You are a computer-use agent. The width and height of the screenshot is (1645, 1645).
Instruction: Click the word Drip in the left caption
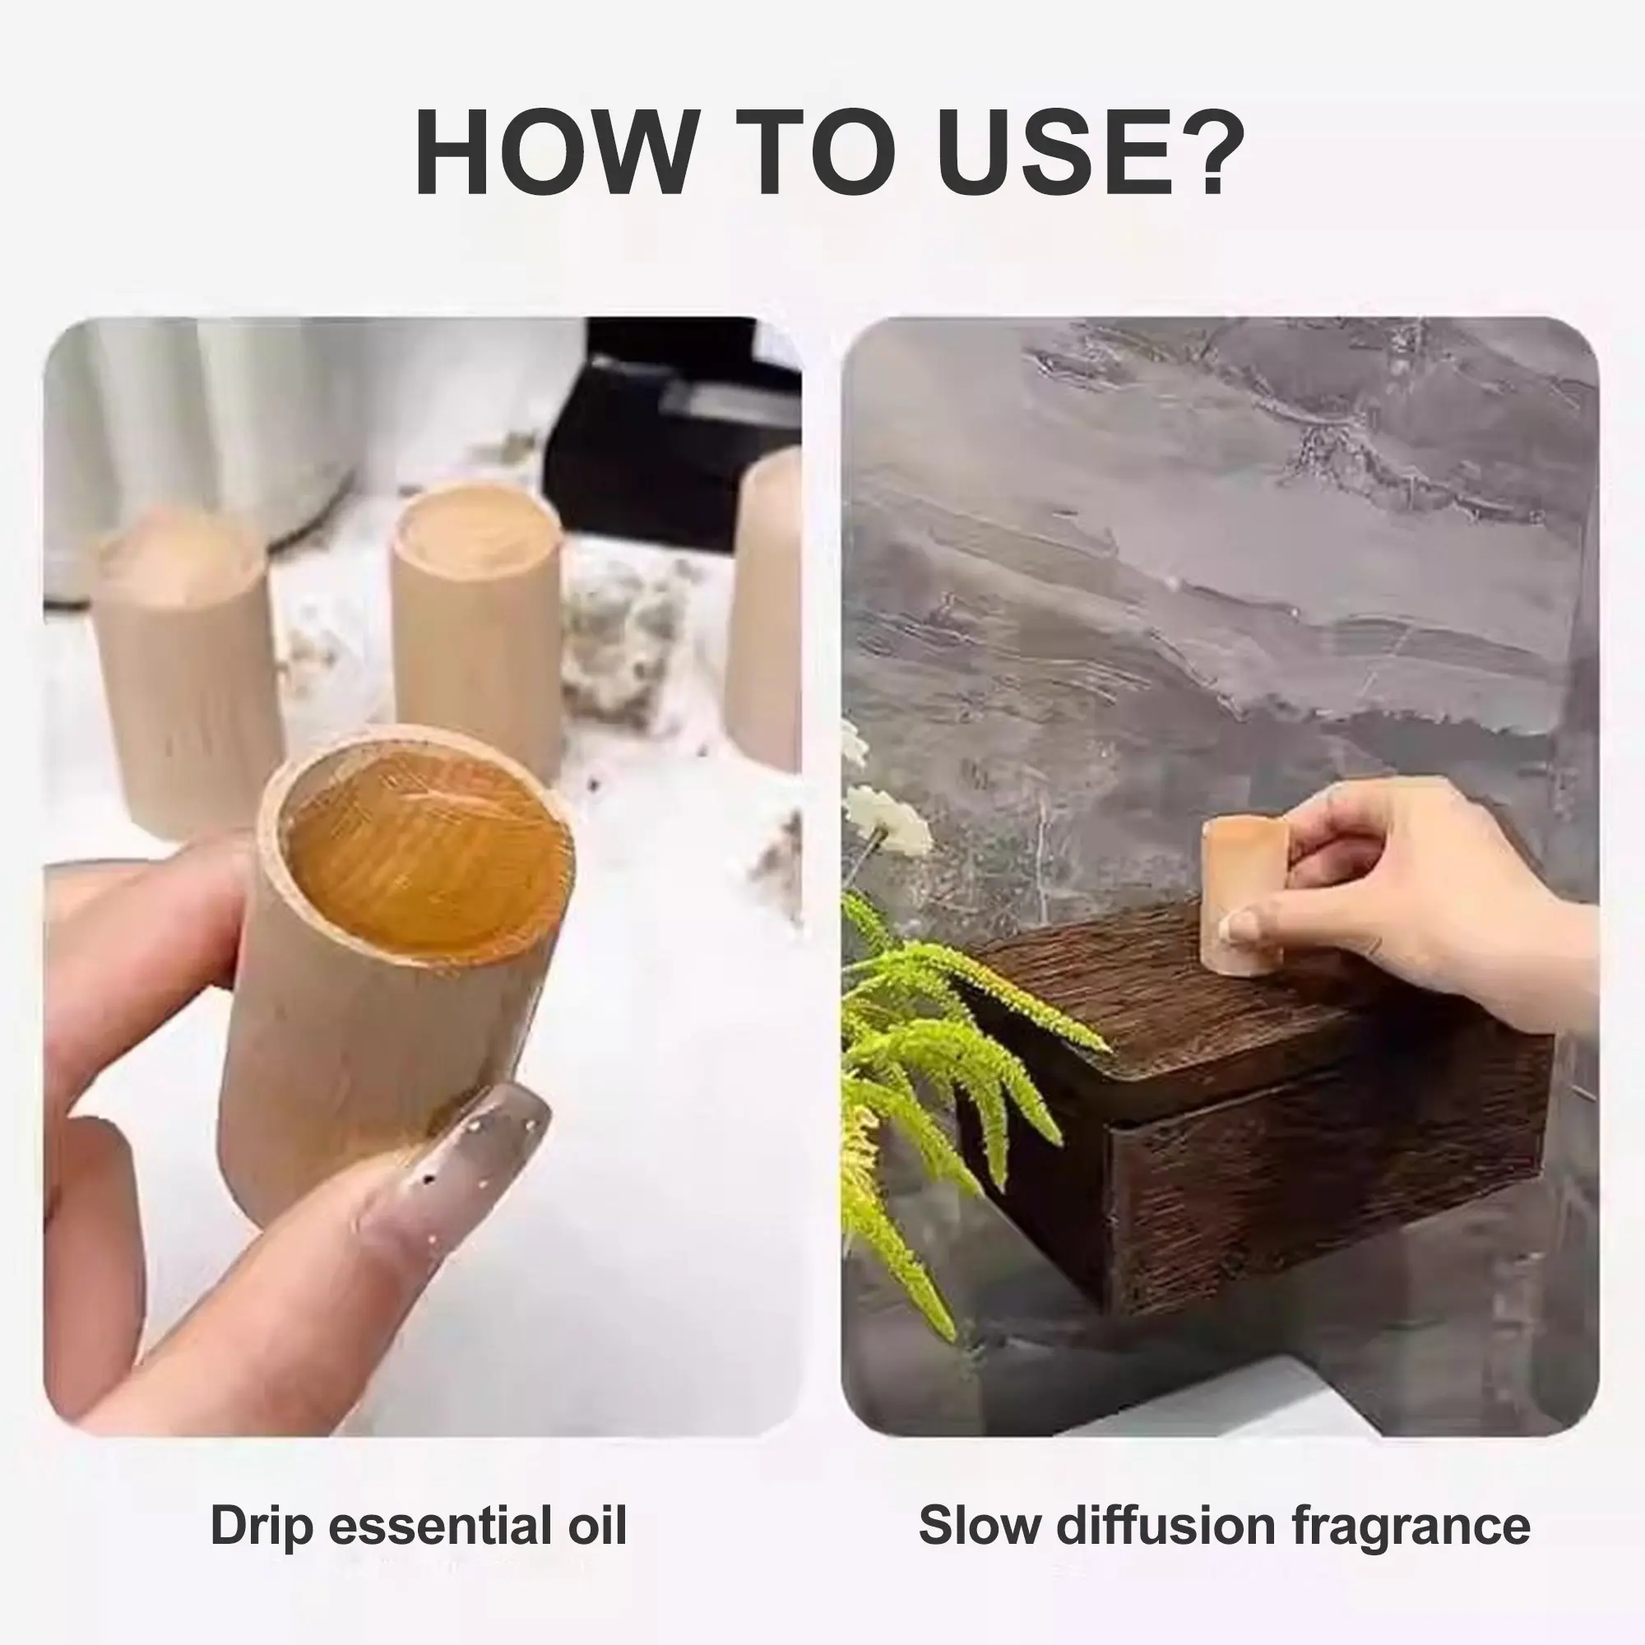point(262,1527)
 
